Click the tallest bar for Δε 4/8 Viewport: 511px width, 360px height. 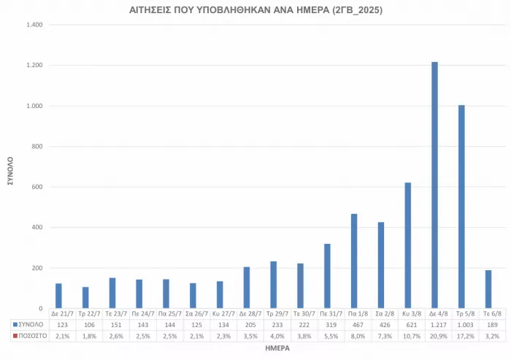click(x=434, y=185)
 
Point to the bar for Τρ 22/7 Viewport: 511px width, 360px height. click(x=85, y=298)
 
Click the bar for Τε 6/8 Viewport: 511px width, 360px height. click(x=488, y=289)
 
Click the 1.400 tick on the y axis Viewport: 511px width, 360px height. click(x=34, y=25)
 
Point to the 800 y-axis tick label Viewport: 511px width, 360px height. click(x=37, y=146)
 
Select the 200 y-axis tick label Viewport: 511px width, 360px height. click(x=37, y=268)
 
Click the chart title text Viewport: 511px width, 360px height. click(x=255, y=10)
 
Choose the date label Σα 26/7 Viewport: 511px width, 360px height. click(x=193, y=313)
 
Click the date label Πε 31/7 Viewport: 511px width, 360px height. click(x=327, y=313)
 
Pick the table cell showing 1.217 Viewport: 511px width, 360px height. click(x=434, y=323)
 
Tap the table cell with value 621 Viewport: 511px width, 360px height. click(x=408, y=323)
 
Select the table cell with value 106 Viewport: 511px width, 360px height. click(x=85, y=323)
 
